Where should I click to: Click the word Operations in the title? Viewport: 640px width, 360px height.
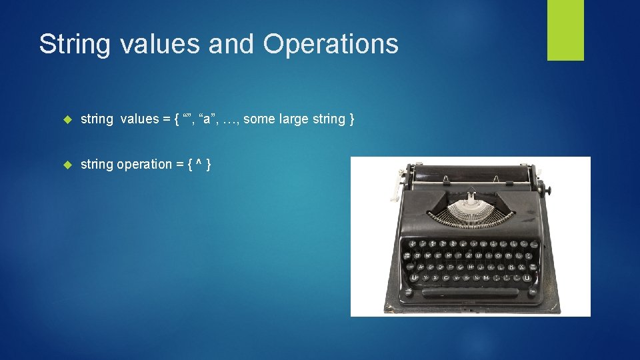click(331, 44)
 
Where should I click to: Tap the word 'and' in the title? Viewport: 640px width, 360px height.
click(231, 44)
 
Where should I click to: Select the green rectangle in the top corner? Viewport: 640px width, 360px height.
click(565, 30)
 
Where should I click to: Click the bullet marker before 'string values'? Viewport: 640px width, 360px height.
click(67, 119)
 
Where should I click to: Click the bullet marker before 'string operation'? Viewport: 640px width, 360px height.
click(67, 165)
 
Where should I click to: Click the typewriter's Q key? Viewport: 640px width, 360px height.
click(417, 255)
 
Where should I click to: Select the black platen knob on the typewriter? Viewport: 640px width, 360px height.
click(548, 191)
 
